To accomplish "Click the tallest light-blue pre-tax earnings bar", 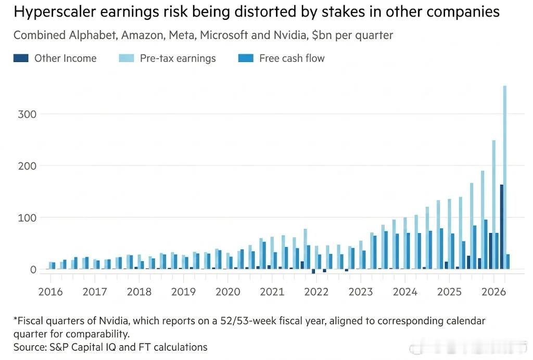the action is pos(505,177).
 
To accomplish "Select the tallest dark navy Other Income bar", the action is pos(502,227).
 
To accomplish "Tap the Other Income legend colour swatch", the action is pos(21,58).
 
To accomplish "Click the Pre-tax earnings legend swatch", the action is pos(126,58).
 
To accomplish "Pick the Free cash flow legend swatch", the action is pos(246,58).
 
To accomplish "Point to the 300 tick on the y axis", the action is pos(27,114).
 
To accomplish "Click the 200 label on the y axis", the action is pos(27,166).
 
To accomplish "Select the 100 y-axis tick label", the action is pos(27,217).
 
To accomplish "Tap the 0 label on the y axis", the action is pos(33,269).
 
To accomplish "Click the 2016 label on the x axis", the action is pos(50,292).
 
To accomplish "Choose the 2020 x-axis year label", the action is pos(228,292).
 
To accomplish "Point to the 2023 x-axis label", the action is pos(361,292).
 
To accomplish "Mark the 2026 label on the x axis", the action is pos(493,292).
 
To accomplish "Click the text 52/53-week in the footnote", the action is pos(249,321).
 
